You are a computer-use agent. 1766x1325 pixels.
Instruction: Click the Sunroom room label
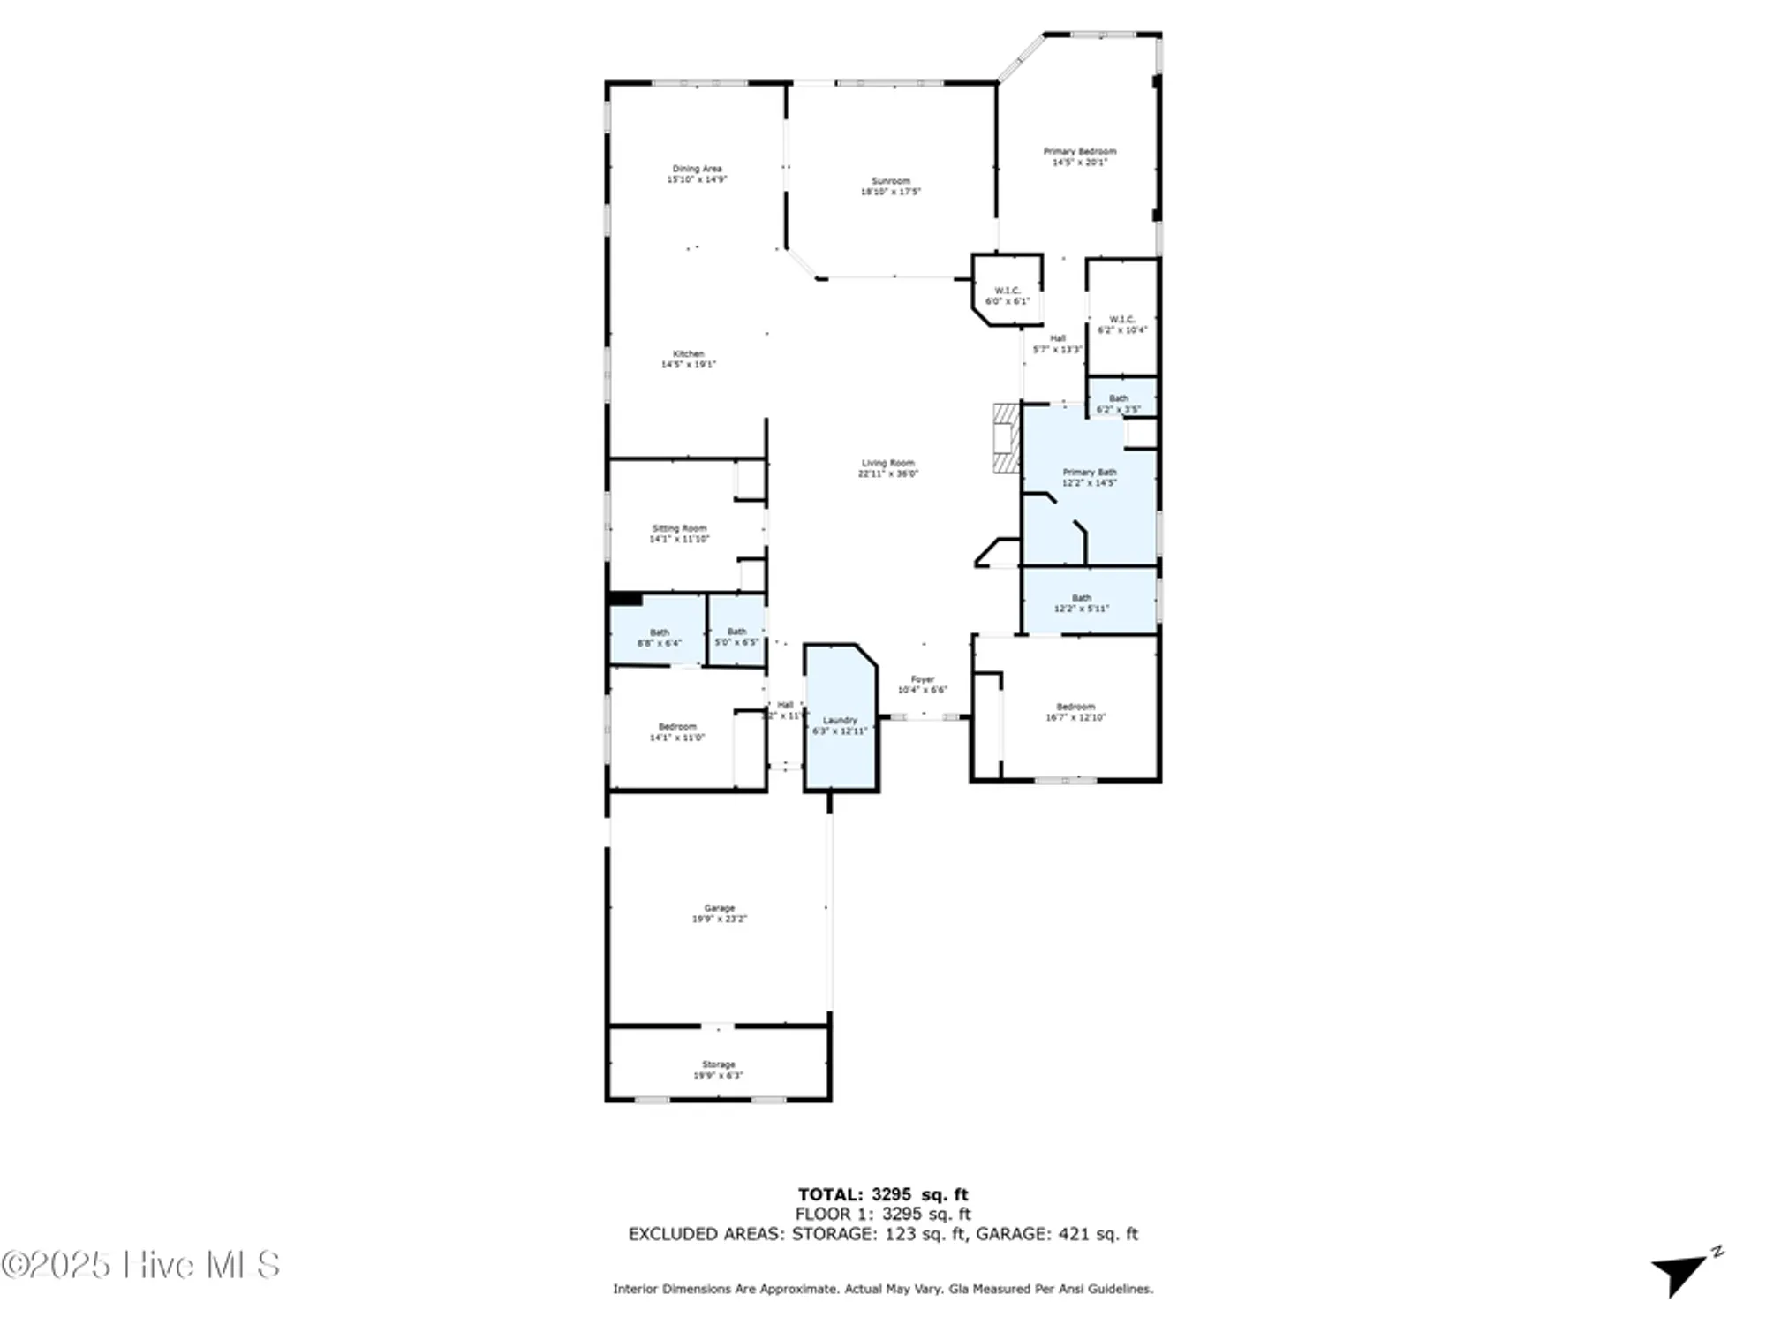pyautogui.click(x=890, y=181)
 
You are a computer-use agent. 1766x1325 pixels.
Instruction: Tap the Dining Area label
pyautogui.click(x=697, y=169)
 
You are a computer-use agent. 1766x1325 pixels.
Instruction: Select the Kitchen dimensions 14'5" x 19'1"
pyautogui.click(x=689, y=364)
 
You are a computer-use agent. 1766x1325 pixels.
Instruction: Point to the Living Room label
pyautogui.click(x=887, y=463)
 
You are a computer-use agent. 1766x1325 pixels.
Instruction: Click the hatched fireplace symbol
pyautogui.click(x=1006, y=439)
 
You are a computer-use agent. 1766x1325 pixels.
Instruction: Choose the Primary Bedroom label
pyautogui.click(x=1079, y=152)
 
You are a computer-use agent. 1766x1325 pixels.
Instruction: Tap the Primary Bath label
pyautogui.click(x=1089, y=473)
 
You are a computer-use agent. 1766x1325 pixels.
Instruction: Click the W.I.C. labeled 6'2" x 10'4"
pyautogui.click(x=1121, y=324)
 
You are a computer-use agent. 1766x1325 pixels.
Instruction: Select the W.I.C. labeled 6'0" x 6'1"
pyautogui.click(x=1007, y=296)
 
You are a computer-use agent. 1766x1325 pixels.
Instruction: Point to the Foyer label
pyautogui.click(x=922, y=679)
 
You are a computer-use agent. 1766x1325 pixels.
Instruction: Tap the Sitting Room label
pyautogui.click(x=679, y=528)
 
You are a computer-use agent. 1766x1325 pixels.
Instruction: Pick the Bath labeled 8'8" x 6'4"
pyautogui.click(x=659, y=638)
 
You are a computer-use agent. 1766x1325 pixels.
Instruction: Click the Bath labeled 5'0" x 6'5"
pyautogui.click(x=736, y=637)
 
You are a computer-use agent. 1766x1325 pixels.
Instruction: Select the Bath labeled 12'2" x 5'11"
pyautogui.click(x=1081, y=603)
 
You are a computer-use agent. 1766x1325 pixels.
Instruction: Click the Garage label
pyautogui.click(x=719, y=908)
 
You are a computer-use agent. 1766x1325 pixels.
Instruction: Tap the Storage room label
pyautogui.click(x=718, y=1064)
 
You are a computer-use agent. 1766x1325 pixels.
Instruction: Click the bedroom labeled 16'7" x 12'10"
pyautogui.click(x=1075, y=712)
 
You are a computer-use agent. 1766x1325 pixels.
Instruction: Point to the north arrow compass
pyautogui.click(x=1683, y=1273)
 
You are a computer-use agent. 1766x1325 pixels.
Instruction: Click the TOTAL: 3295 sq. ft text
pyautogui.click(x=882, y=1195)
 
